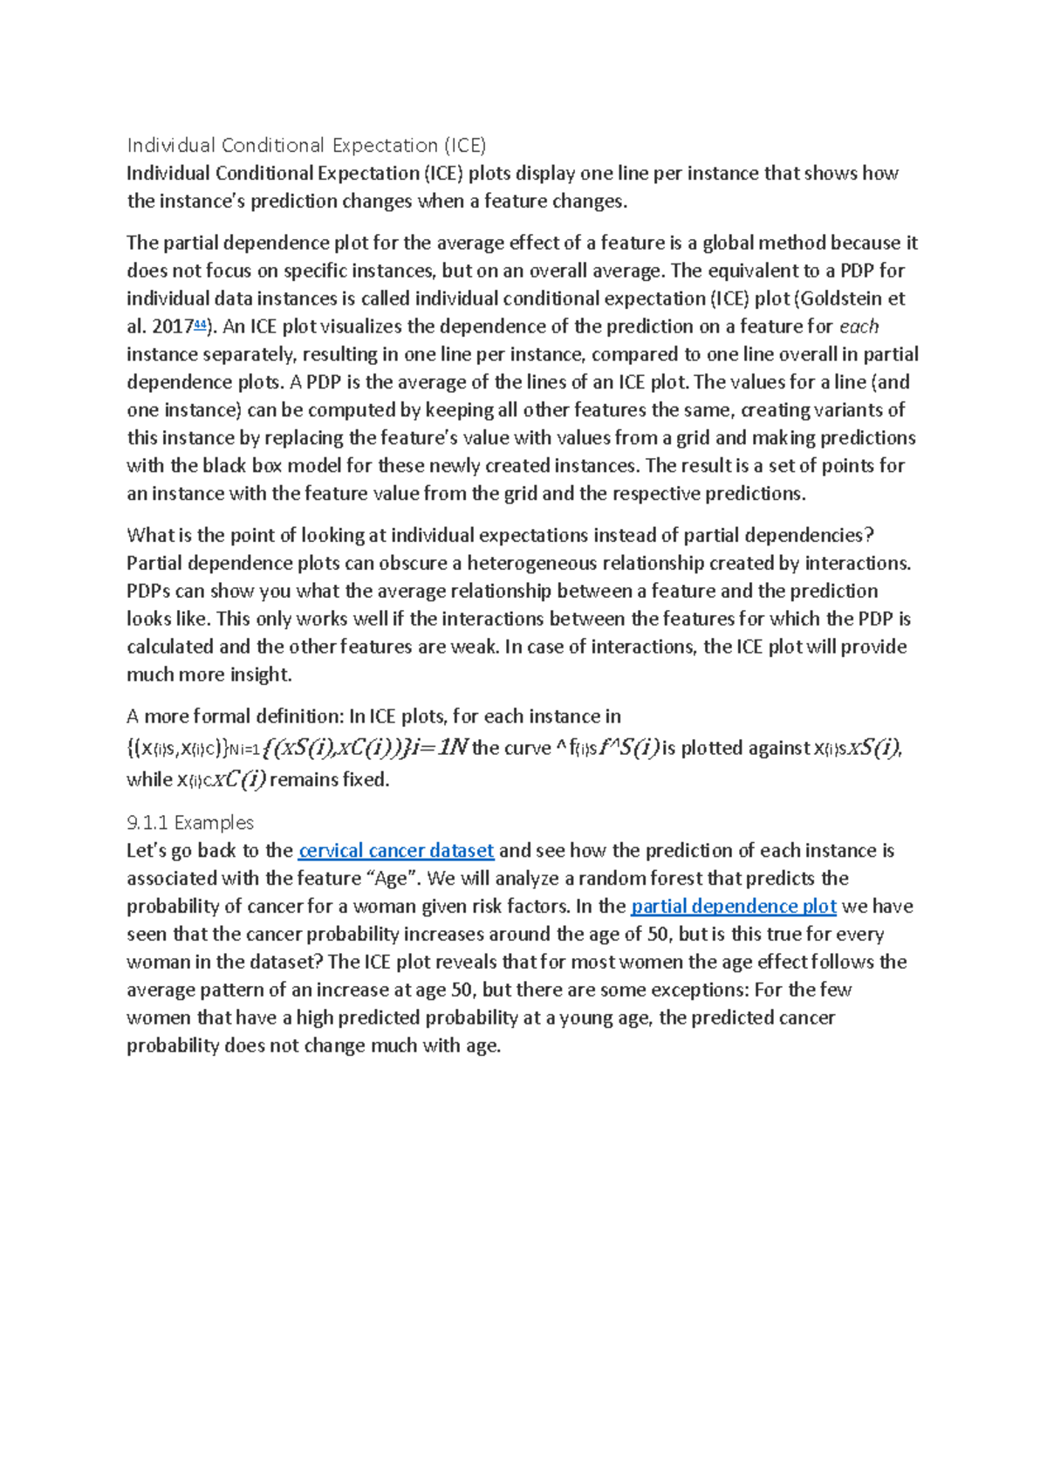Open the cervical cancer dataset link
396,851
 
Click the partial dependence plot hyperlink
733,907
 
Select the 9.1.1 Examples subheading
190,823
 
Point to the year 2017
172,327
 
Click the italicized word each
859,326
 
